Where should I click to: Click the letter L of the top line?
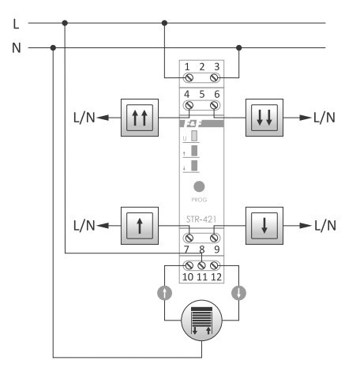(16, 24)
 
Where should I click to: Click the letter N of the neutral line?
(17, 47)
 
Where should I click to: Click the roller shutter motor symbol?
(201, 318)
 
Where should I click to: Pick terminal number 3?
(216, 69)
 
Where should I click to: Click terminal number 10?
(188, 278)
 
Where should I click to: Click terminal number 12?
(215, 278)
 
